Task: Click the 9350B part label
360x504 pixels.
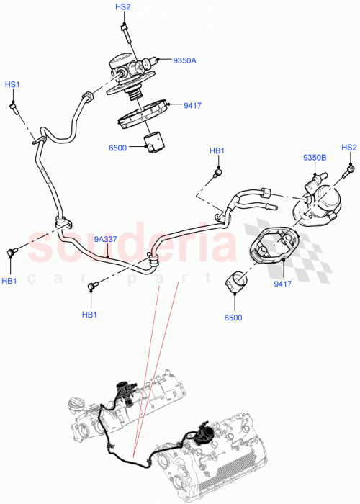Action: (314, 157)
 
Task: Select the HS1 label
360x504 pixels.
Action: (13, 84)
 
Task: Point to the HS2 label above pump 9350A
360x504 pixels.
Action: (123, 6)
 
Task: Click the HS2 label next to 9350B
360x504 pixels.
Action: (348, 148)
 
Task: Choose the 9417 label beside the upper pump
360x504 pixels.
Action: (192, 106)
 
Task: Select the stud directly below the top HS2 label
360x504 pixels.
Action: (125, 31)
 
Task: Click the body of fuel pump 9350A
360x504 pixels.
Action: (132, 69)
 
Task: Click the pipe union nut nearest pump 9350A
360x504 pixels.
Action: (89, 97)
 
